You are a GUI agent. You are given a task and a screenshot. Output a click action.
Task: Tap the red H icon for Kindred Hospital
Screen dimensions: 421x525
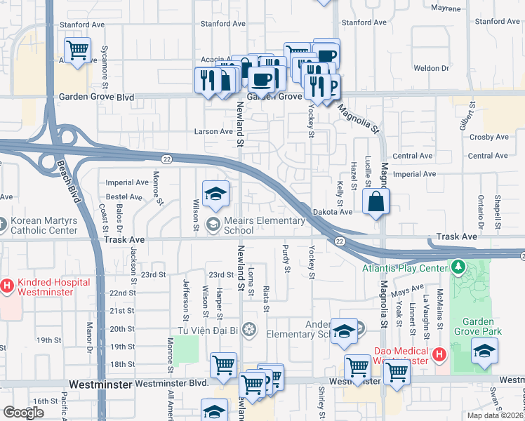coord(8,286)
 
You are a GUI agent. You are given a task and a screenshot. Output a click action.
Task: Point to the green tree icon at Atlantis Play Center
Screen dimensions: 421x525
coord(458,267)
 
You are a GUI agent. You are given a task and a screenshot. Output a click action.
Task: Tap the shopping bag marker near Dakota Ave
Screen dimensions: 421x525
coord(376,202)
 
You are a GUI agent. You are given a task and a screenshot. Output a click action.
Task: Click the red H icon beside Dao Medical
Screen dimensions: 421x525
coord(439,355)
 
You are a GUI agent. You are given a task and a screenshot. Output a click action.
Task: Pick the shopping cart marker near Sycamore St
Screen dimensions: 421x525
coord(77,50)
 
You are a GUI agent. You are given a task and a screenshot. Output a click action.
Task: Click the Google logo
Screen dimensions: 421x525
coord(23,413)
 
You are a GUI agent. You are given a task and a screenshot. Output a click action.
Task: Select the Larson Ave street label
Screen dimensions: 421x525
coord(213,131)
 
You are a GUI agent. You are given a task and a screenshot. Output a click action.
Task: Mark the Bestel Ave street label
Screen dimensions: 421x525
coord(124,197)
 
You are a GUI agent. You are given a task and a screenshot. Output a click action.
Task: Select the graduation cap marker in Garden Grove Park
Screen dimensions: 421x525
coord(484,351)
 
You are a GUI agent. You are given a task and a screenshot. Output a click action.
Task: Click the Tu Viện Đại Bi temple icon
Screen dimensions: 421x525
coord(248,329)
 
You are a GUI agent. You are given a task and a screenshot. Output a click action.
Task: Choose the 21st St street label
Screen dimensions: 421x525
coord(121,311)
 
